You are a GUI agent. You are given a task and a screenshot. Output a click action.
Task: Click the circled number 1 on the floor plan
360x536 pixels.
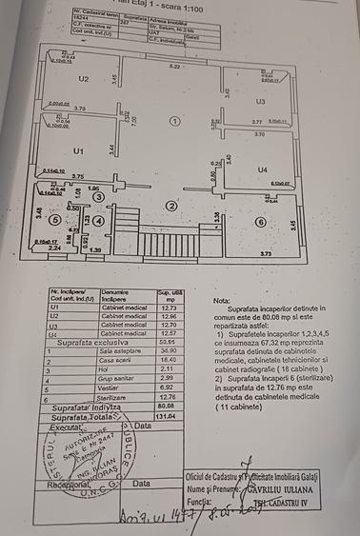[x=173, y=121]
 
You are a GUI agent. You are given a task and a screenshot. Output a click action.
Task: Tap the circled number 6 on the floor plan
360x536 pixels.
[x=260, y=222]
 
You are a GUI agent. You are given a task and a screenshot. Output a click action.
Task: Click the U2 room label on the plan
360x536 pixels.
[x=84, y=79]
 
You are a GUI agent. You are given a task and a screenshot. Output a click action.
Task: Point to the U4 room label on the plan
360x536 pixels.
[x=262, y=169]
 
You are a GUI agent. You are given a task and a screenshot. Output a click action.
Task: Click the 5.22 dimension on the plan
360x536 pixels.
[x=173, y=67]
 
